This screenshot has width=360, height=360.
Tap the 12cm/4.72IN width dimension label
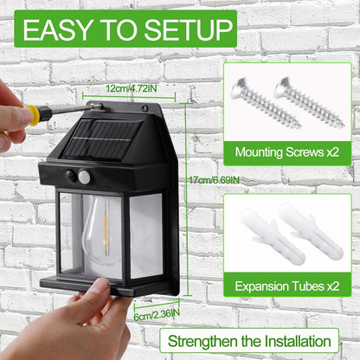point(132,88)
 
